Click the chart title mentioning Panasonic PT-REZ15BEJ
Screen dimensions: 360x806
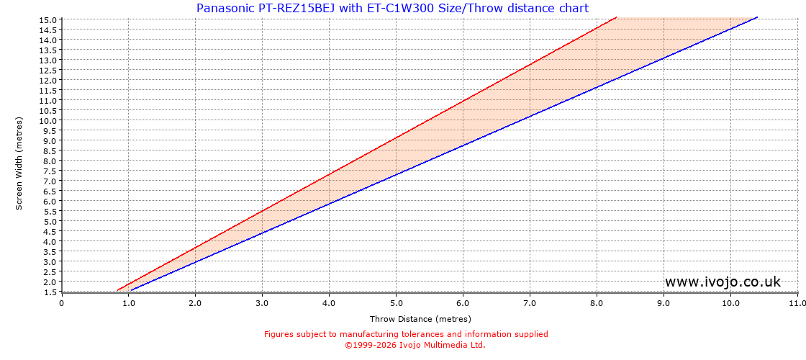[392, 9]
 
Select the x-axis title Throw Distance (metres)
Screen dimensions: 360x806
[420, 319]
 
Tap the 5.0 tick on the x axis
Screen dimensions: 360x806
[396, 303]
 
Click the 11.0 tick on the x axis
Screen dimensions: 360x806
[797, 303]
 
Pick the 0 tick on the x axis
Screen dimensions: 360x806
[62, 303]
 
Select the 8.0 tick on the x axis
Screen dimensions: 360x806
[597, 303]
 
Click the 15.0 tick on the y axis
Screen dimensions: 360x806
[47, 20]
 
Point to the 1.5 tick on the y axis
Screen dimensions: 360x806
[50, 292]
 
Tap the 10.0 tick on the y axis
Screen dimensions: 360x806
[47, 121]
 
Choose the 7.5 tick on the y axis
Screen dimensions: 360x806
[50, 171]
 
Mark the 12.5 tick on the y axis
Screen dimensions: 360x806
[47, 71]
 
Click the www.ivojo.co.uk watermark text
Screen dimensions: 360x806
[723, 282]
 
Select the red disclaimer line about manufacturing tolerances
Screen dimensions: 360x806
[406, 334]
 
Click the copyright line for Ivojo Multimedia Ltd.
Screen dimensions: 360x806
[415, 345]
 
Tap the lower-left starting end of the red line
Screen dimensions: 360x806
[118, 290]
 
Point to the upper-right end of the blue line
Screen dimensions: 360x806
[757, 17]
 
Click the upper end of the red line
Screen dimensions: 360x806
[616, 17]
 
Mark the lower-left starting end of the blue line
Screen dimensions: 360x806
[131, 290]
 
